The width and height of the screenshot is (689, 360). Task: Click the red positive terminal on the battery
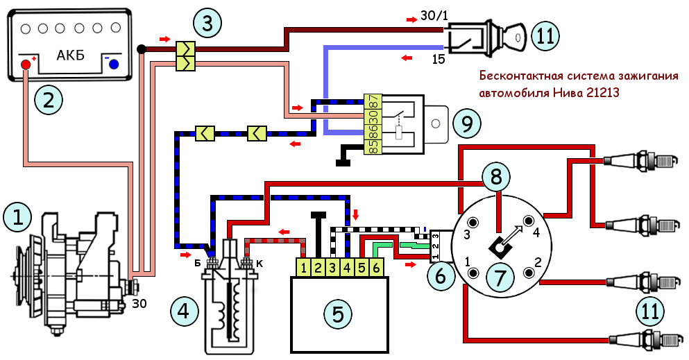pyautogui.click(x=27, y=65)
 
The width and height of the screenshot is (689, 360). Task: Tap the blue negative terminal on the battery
pyautogui.click(x=113, y=65)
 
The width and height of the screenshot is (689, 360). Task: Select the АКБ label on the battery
pyautogui.click(x=69, y=55)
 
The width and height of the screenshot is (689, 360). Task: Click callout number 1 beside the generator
pyautogui.click(x=17, y=218)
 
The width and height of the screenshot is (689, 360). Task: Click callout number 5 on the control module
pyautogui.click(x=337, y=314)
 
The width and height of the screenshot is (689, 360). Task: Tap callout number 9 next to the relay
pyautogui.click(x=467, y=123)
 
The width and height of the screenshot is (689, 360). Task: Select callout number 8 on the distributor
pyautogui.click(x=495, y=177)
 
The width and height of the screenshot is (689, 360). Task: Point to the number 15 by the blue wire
pyautogui.click(x=439, y=60)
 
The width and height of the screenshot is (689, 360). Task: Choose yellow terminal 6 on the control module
pyautogui.click(x=376, y=266)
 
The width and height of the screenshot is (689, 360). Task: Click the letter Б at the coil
pyautogui.click(x=198, y=262)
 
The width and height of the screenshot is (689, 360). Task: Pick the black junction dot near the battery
pyautogui.click(x=142, y=49)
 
